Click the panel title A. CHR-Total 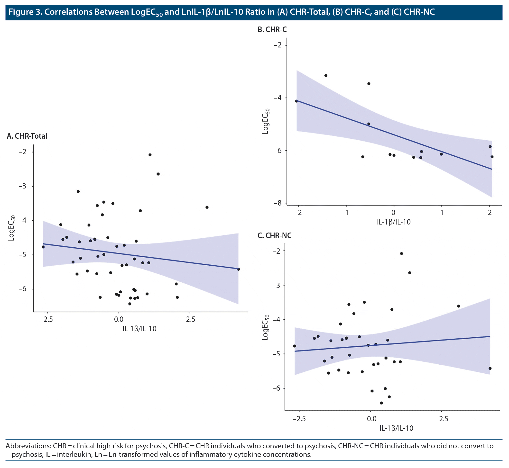point(27,136)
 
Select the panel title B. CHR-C point(272,30)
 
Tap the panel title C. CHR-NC point(275,235)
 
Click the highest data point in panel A point(150,155)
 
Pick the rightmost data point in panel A point(238,269)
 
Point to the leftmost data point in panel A point(43,247)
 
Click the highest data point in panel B point(326,75)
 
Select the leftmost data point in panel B point(296,101)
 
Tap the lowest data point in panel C point(381,403)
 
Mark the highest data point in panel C point(401,253)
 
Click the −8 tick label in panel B point(277,203)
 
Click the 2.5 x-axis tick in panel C point(444,419)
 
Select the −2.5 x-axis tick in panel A point(46,319)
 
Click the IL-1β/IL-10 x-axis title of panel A point(140,329)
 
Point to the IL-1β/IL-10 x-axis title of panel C point(397,428)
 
